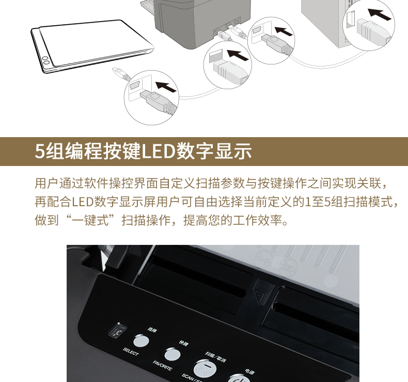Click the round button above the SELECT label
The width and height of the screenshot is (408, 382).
[x=141, y=341]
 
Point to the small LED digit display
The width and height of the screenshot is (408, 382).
[x=118, y=330]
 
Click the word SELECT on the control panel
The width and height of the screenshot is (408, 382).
[x=131, y=352]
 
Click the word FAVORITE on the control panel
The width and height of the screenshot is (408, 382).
[x=162, y=366]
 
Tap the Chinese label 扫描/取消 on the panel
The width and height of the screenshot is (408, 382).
[x=215, y=356]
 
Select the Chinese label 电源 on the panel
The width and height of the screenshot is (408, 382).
[x=249, y=372]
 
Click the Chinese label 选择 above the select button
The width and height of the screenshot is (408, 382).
[x=152, y=329]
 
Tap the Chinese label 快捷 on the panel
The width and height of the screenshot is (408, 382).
[x=183, y=343]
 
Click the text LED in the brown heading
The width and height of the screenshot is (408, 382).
[x=158, y=151]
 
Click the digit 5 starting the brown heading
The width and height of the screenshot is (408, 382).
[x=40, y=151]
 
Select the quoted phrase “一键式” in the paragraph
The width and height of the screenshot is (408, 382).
[x=90, y=221]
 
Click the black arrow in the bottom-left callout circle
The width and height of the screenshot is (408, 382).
[x=166, y=87]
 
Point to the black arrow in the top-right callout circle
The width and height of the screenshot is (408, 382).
[x=380, y=14]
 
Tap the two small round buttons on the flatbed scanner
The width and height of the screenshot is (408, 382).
[x=46, y=60]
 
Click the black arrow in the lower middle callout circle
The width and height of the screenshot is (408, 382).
[x=238, y=55]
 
